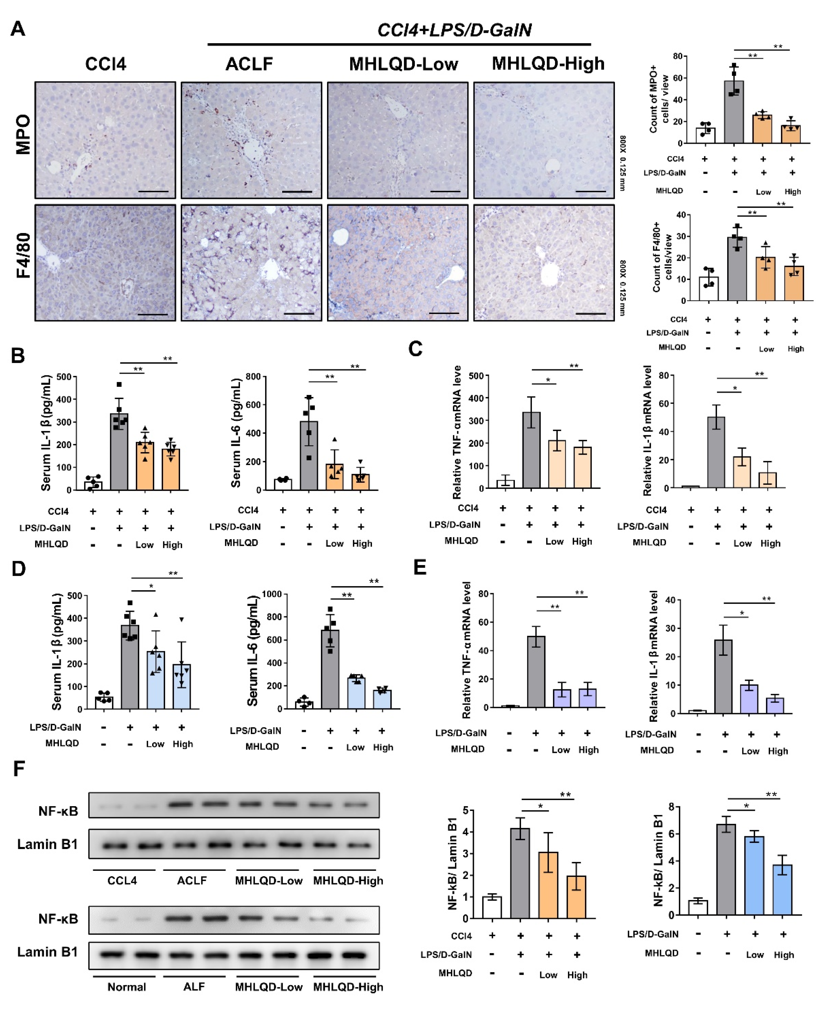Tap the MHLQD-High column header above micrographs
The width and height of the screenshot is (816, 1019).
click(x=548, y=63)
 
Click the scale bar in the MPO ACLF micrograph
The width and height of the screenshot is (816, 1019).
click(x=297, y=191)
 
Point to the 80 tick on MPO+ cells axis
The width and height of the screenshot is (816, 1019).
click(x=677, y=56)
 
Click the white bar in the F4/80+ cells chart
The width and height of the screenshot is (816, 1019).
click(x=708, y=289)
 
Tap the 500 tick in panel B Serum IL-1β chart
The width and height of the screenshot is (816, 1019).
click(x=63, y=377)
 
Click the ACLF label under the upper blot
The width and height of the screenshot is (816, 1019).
click(x=192, y=880)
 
